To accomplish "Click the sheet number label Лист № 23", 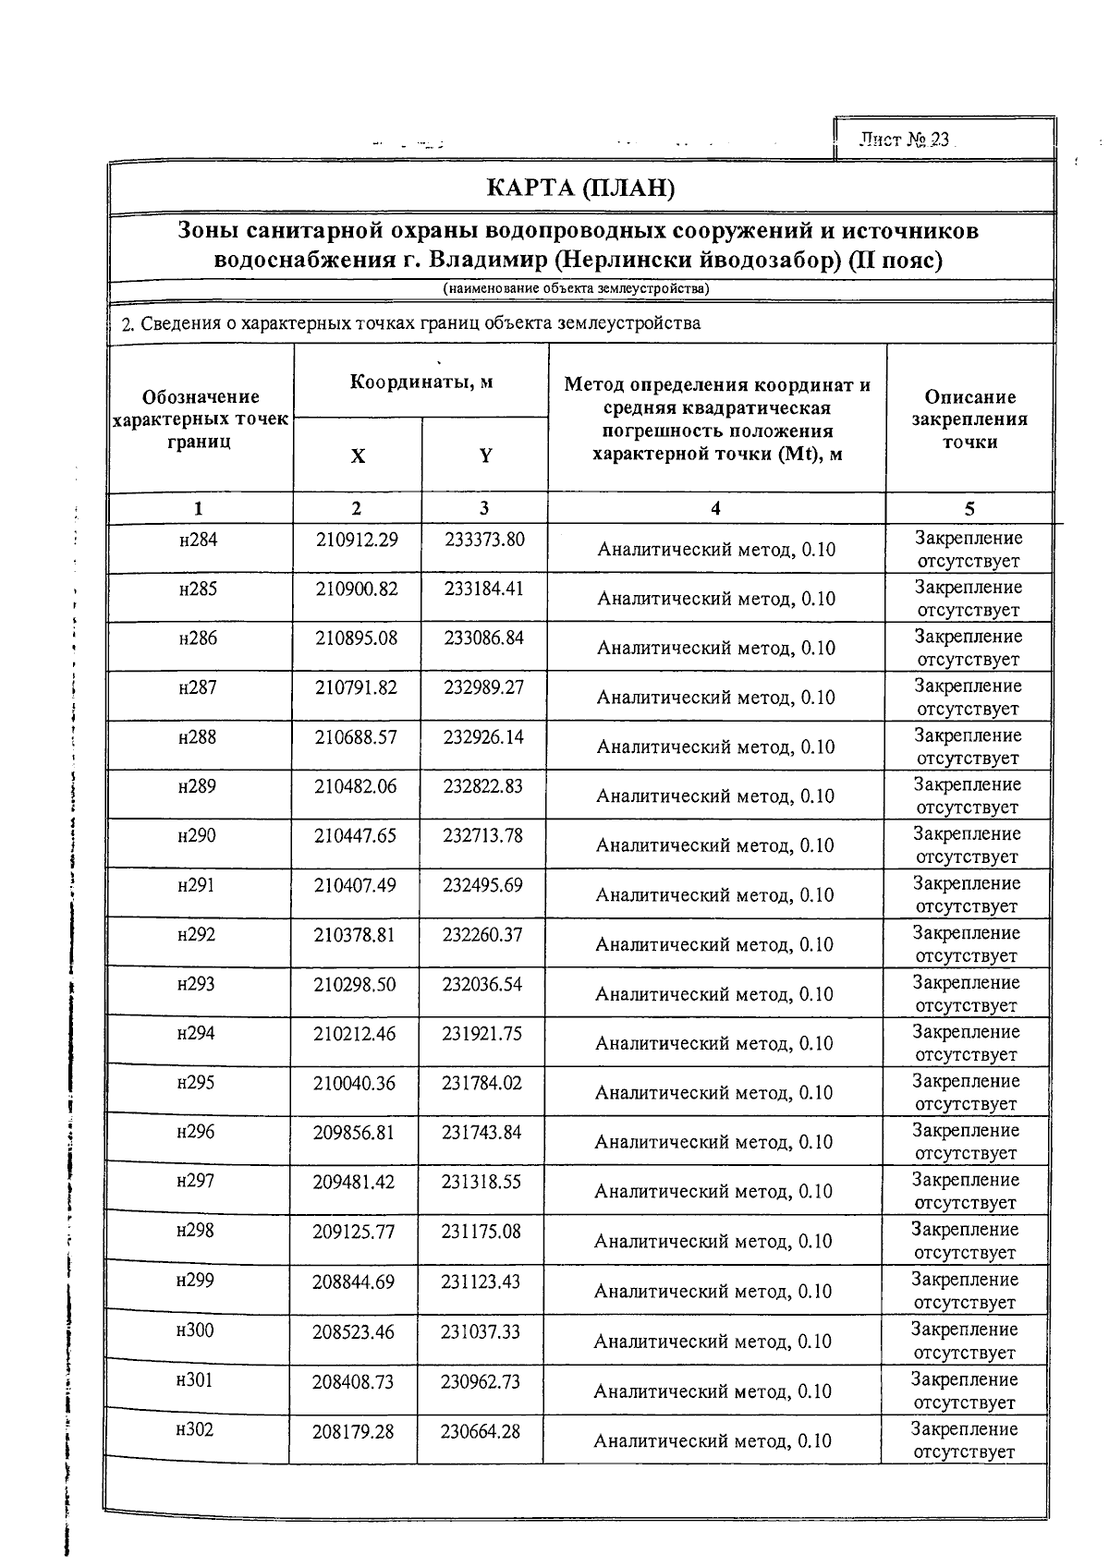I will click(x=904, y=140).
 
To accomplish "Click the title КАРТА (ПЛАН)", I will click(x=581, y=188).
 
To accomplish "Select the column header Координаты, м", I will click(x=420, y=382).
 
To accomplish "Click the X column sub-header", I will click(x=358, y=456).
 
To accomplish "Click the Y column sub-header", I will click(x=485, y=456).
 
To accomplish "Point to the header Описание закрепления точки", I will click(x=969, y=419).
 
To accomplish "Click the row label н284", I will click(x=198, y=540).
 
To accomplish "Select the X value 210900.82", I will click(x=357, y=589).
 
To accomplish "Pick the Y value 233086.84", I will click(x=484, y=638).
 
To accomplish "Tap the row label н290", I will click(x=197, y=836).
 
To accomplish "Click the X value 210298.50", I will click(x=355, y=985).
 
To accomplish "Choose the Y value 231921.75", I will click(x=482, y=1034).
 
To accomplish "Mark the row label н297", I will click(x=196, y=1181).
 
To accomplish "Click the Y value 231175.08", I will click(x=481, y=1231).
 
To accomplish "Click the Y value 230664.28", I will click(x=480, y=1431).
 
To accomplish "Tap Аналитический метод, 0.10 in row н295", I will click(x=713, y=1093).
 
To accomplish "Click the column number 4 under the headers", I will click(x=715, y=508).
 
